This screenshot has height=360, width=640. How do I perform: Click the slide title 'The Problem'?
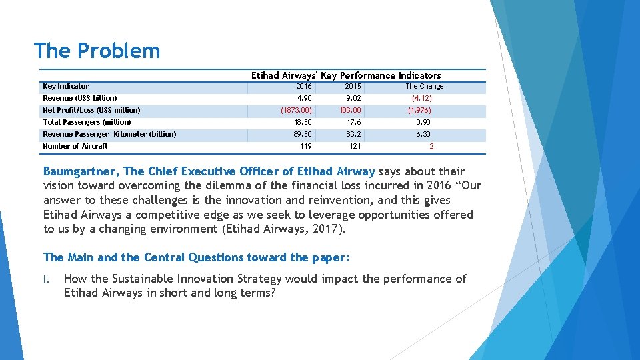[97, 51]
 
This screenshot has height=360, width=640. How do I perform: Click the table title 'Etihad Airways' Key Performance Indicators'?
[346, 75]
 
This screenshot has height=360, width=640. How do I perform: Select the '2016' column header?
[303, 86]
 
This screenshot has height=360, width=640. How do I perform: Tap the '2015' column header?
[353, 86]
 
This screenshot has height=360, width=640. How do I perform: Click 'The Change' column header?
[424, 86]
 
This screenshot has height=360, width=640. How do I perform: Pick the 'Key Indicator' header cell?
[65, 86]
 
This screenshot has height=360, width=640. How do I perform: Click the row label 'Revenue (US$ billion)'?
[80, 98]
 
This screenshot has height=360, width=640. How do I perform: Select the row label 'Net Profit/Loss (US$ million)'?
[91, 110]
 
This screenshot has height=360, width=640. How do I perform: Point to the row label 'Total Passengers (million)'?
[87, 122]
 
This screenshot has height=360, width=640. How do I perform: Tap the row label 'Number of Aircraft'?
[75, 146]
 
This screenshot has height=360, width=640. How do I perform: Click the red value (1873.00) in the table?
[296, 110]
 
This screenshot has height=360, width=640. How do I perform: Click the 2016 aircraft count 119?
[305, 146]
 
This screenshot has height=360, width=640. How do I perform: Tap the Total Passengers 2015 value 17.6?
[353, 122]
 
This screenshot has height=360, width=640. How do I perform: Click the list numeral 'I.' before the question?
[47, 279]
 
